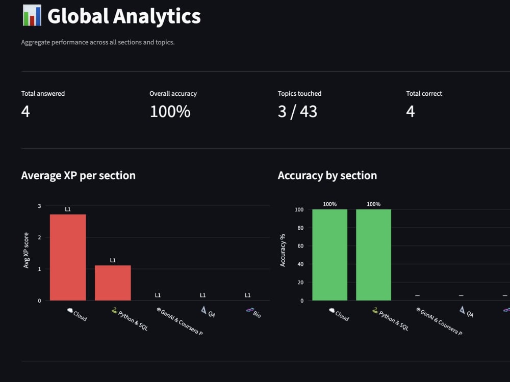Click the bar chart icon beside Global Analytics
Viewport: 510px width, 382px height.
click(x=32, y=15)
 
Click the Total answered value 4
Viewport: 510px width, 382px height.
click(x=25, y=112)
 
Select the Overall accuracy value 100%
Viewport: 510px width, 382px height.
click(x=170, y=112)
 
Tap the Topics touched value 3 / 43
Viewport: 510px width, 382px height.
click(x=297, y=112)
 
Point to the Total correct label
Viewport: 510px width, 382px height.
click(x=424, y=94)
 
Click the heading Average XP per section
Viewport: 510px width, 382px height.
click(x=79, y=175)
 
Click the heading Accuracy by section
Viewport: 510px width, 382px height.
click(x=327, y=175)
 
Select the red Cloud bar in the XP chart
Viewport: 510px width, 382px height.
click(x=68, y=257)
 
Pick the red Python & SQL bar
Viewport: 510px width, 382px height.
click(x=113, y=283)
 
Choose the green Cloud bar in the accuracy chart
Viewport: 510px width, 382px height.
click(x=330, y=255)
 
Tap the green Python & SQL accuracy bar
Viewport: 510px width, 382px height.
click(x=373, y=255)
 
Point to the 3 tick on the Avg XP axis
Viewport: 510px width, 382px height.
click(x=39, y=206)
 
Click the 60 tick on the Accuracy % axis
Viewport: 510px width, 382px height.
click(x=300, y=246)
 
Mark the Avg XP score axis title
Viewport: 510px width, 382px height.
click(x=26, y=251)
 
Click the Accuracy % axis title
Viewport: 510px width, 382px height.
click(x=283, y=251)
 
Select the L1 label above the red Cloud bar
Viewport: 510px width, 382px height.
click(x=68, y=209)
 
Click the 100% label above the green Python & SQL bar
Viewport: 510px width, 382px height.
click(x=373, y=204)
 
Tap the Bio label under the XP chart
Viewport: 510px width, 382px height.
click(x=257, y=314)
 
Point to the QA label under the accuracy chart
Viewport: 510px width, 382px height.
click(x=470, y=314)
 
